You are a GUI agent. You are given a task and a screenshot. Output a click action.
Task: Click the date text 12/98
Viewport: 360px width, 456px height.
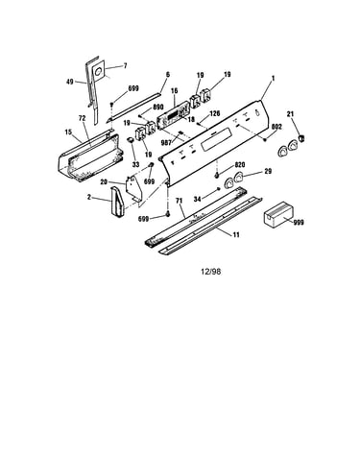tap(210, 272)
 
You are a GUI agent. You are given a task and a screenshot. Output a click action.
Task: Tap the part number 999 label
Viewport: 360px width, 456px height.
tap(299, 222)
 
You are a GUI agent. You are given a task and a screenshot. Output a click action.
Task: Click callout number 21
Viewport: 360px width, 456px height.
tap(291, 114)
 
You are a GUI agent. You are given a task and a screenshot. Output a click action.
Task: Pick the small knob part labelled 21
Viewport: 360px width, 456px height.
tap(300, 138)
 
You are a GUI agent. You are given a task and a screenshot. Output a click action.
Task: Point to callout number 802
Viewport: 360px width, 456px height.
tap(276, 127)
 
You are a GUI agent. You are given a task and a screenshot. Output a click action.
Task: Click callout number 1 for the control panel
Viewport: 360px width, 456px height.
tap(273, 78)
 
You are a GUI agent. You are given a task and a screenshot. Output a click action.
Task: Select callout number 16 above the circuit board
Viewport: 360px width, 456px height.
tap(174, 90)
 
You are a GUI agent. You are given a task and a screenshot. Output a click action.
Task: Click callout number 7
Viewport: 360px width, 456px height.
tap(125, 65)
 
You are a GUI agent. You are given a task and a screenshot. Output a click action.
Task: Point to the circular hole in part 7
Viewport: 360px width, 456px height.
tap(99, 71)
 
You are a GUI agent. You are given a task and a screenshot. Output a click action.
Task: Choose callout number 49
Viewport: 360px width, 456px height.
tap(70, 82)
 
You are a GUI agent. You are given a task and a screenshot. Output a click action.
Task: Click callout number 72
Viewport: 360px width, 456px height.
tap(82, 118)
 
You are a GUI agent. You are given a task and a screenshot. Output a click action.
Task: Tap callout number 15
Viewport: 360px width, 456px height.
tap(68, 132)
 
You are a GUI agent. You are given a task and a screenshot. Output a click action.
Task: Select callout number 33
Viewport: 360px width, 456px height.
tap(135, 165)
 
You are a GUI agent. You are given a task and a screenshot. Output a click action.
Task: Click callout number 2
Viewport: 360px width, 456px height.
tap(89, 197)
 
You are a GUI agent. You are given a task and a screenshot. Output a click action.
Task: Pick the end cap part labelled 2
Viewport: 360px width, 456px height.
tap(117, 202)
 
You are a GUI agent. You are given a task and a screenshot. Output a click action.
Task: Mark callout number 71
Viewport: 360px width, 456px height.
tap(179, 201)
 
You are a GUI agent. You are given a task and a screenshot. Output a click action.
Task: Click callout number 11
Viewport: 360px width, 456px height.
tap(236, 235)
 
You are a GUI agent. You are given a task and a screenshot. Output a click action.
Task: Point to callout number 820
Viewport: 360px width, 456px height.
tap(240, 164)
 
